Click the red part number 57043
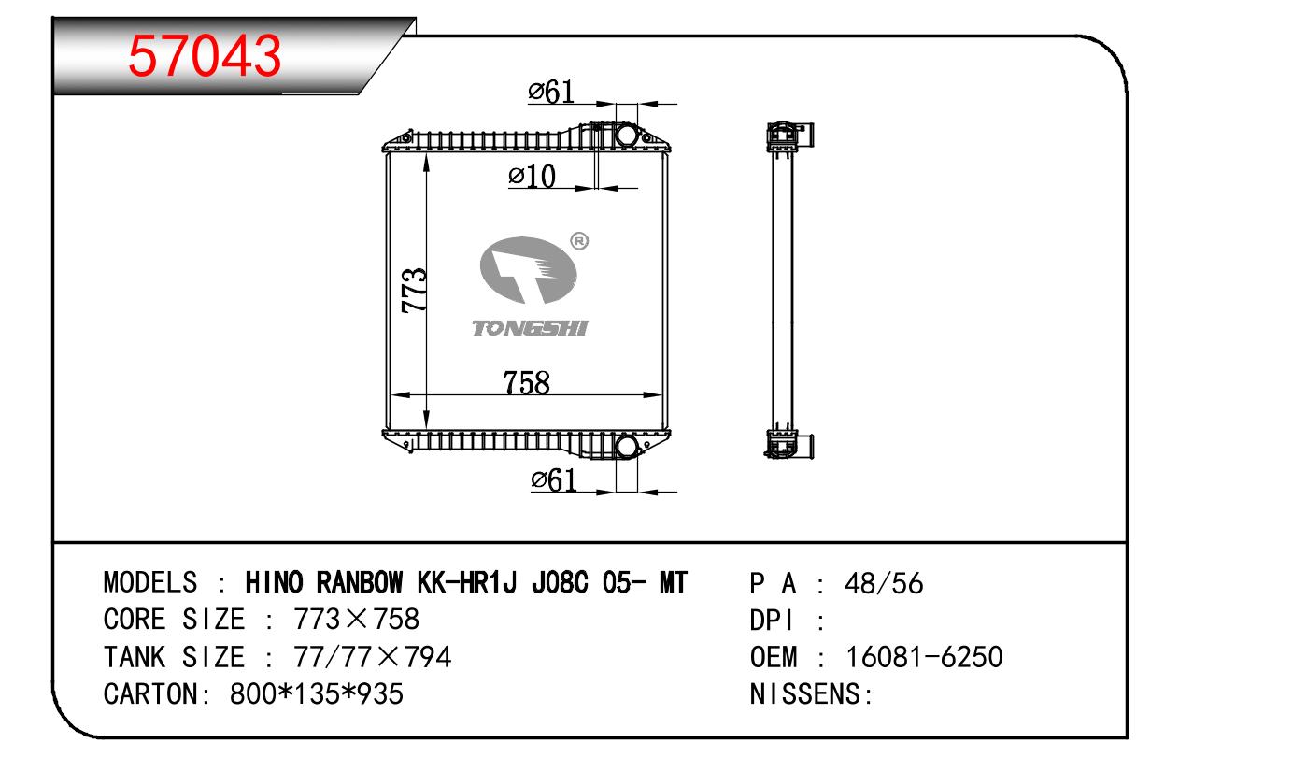[x=205, y=56]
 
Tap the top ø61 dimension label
[x=551, y=92]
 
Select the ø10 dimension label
[x=532, y=176]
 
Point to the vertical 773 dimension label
[x=414, y=290]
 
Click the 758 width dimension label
[x=526, y=383]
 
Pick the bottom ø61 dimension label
[x=554, y=480]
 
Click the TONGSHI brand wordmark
[x=530, y=328]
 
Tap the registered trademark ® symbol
[x=579, y=240]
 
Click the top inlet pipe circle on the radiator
[x=626, y=135]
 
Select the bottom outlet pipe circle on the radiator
[x=626, y=447]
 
